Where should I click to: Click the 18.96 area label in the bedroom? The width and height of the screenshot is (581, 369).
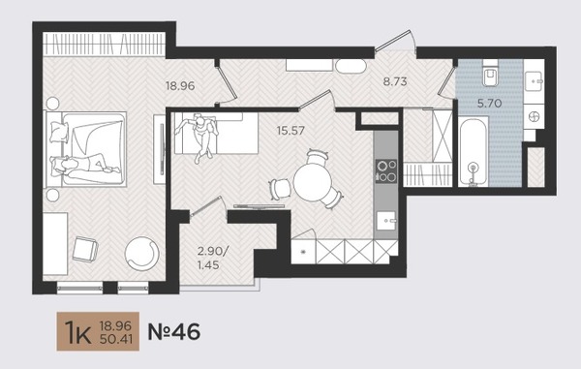click(180, 86)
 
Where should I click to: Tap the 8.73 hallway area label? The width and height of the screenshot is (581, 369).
click(395, 81)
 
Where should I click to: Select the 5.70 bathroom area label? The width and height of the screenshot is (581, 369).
click(489, 104)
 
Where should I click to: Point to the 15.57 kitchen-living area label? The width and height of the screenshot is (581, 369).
click(290, 131)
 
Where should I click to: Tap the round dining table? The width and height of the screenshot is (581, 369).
click(313, 182)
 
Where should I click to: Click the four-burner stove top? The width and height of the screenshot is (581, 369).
click(386, 171)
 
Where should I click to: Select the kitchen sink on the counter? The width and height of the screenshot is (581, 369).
click(386, 221)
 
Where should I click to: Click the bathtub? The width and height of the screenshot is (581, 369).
click(473, 152)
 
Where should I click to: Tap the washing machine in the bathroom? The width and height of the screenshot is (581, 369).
click(534, 116)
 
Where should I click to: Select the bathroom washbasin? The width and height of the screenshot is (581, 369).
click(534, 81)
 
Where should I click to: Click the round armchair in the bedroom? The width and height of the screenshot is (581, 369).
click(142, 254)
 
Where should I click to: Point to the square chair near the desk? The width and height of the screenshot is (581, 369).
click(85, 250)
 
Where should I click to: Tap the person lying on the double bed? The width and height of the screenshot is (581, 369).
click(86, 166)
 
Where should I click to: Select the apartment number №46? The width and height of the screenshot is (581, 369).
click(174, 331)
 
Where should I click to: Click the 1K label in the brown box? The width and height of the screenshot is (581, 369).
click(77, 332)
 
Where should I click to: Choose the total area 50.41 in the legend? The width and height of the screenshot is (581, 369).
click(115, 339)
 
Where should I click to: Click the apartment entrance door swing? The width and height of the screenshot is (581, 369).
click(396, 41)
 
